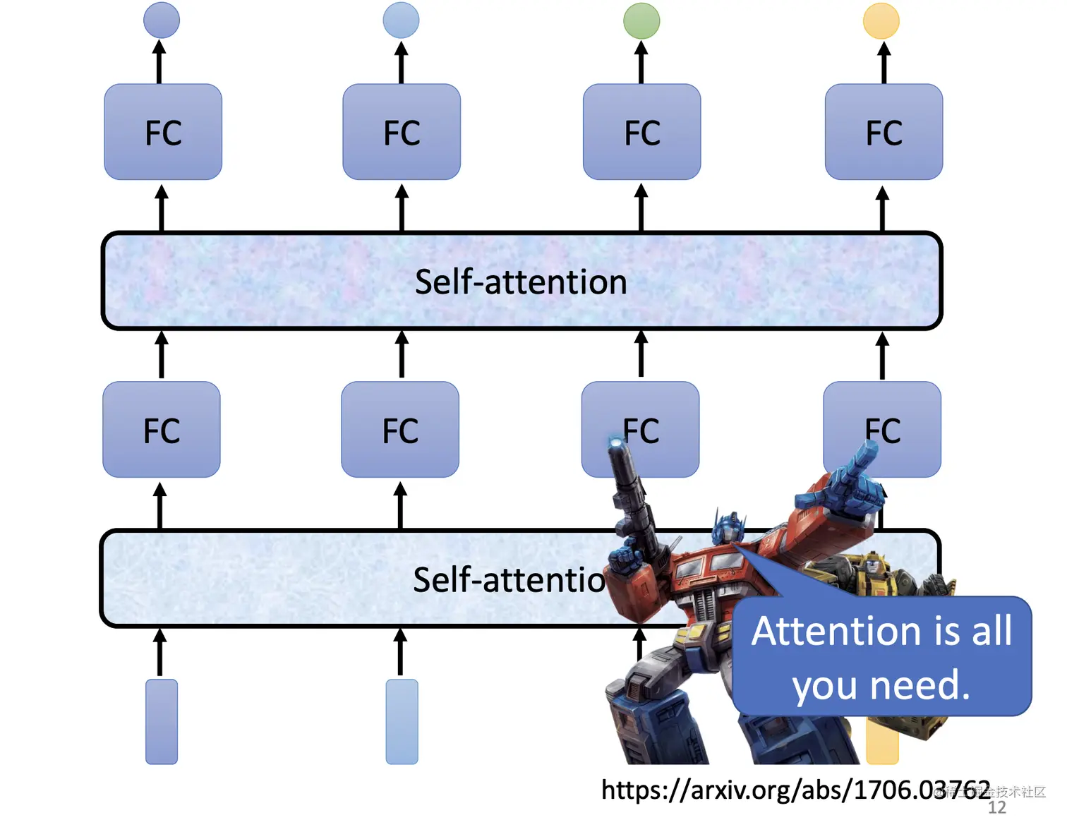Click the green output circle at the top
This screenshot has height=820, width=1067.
641,20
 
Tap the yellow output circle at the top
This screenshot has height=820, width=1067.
881,20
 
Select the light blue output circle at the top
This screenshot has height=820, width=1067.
401,20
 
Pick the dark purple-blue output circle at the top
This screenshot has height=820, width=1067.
162,20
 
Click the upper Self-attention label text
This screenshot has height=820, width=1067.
521,282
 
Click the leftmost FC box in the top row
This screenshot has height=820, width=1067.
163,132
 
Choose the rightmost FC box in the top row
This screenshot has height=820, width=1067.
884,132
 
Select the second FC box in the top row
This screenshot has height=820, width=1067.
402,132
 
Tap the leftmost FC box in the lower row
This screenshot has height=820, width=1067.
162,429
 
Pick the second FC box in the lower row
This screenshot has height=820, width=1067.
400,429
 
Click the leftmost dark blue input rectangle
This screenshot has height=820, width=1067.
162,721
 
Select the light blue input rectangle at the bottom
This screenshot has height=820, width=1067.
402,721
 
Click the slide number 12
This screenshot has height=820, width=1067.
997,807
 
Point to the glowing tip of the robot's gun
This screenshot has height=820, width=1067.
616,442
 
